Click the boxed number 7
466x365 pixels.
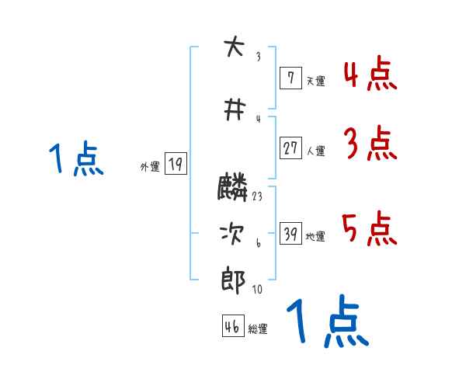point(290,78)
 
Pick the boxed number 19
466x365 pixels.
point(176,164)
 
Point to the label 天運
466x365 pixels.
point(315,80)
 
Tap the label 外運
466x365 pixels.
point(149,166)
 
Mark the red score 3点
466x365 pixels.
point(370,144)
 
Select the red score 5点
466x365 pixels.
point(370,229)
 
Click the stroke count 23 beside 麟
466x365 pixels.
point(257,196)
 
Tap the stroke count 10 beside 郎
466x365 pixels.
point(257,290)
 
